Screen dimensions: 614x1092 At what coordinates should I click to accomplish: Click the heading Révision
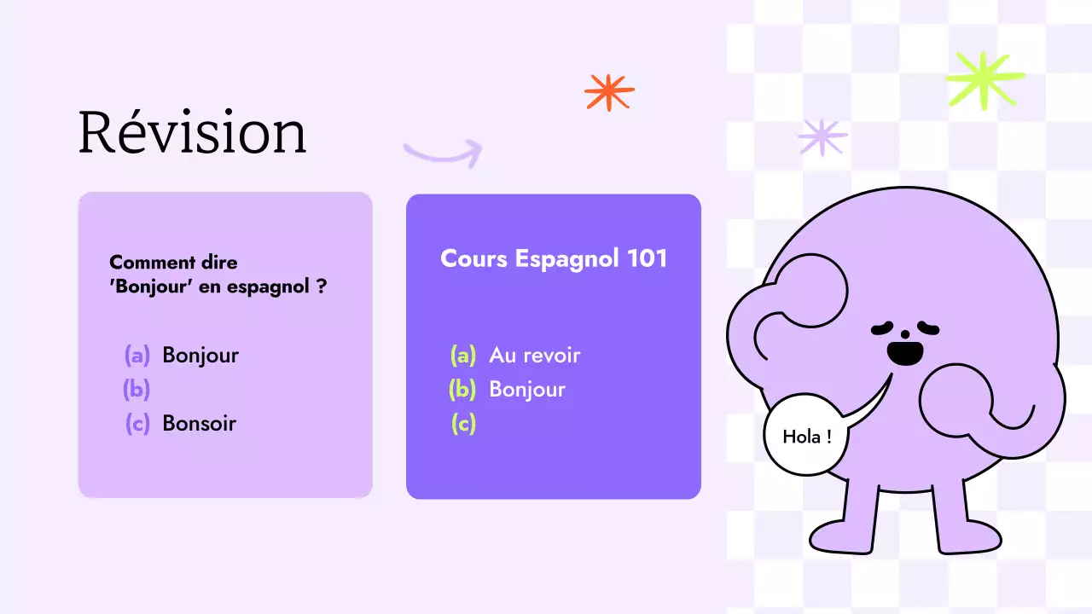(x=192, y=133)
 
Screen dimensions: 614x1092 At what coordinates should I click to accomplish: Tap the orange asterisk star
(x=609, y=92)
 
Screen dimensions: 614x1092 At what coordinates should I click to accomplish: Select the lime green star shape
(x=985, y=79)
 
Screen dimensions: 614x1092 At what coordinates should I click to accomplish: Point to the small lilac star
(x=822, y=137)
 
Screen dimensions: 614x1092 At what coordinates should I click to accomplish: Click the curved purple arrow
(x=443, y=153)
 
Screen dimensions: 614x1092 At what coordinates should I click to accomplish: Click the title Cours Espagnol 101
(x=554, y=259)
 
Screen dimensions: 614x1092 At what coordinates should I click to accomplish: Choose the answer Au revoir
(x=534, y=356)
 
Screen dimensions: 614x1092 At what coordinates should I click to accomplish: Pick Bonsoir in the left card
(x=199, y=424)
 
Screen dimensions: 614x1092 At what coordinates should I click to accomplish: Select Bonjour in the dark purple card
(x=526, y=390)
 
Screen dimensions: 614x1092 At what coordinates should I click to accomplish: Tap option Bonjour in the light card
(x=200, y=355)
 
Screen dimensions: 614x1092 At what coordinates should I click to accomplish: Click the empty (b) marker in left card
(x=136, y=390)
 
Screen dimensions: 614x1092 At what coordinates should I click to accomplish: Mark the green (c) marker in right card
(x=463, y=424)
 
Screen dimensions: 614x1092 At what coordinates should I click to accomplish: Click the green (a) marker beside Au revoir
(x=463, y=356)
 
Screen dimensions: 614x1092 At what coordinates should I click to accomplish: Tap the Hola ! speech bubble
(x=807, y=437)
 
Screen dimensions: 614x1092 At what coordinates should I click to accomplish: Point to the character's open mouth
(x=903, y=351)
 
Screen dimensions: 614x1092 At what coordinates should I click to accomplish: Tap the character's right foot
(x=968, y=537)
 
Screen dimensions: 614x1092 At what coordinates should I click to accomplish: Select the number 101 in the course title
(x=647, y=259)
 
